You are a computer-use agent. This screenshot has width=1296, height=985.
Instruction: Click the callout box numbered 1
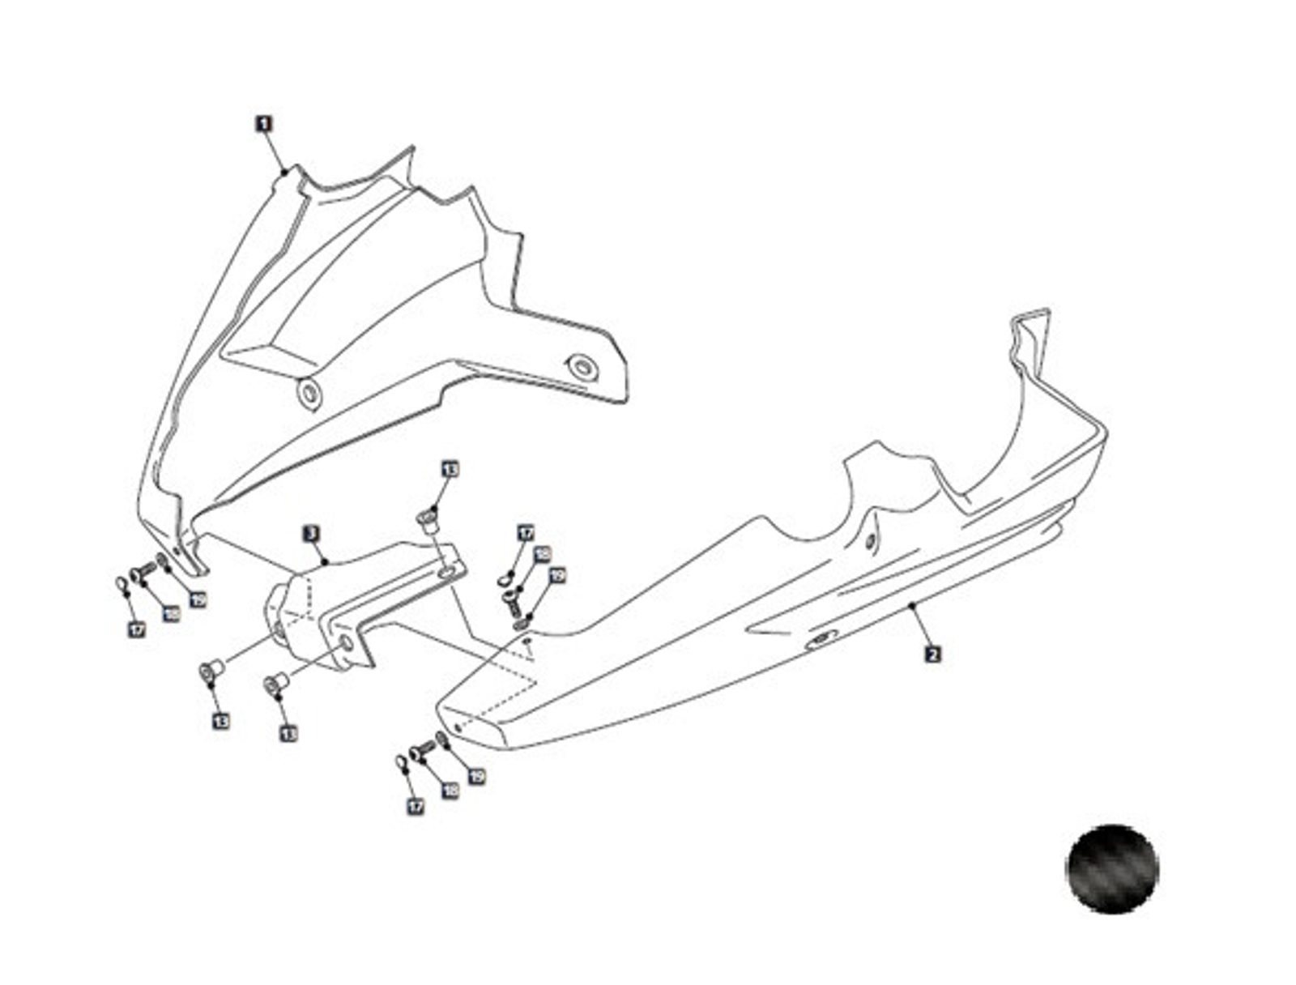264,124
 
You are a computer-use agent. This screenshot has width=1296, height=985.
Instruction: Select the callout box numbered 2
933,654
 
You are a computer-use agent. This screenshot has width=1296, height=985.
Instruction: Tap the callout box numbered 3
311,534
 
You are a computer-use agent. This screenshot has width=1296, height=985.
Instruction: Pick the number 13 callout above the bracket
450,469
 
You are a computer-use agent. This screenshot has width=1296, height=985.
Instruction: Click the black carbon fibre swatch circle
1113,869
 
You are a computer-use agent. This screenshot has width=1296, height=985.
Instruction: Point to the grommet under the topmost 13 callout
428,518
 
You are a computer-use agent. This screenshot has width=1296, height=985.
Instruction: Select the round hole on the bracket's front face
345,643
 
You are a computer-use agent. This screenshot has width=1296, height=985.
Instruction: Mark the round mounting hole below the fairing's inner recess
309,394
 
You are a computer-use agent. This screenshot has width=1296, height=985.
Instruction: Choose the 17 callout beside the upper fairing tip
137,629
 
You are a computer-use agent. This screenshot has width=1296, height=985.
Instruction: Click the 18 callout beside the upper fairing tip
171,614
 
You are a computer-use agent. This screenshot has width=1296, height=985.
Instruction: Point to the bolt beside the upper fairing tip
145,570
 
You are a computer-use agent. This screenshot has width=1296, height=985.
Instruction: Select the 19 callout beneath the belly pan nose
477,775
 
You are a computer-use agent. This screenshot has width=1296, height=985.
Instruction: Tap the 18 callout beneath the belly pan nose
450,789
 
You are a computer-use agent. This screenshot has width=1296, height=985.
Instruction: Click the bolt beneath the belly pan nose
422,753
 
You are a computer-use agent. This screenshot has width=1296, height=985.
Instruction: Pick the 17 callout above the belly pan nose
526,534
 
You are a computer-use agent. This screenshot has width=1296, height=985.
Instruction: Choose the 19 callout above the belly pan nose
557,576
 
